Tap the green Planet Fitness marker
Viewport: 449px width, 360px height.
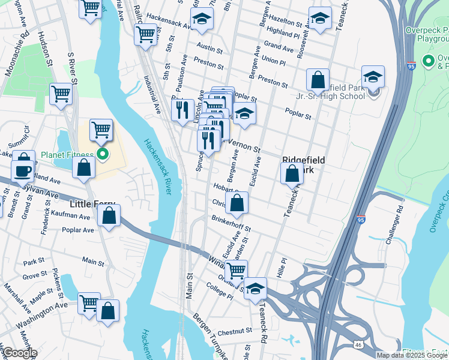click(103, 155)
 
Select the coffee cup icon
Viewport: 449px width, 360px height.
click(23, 170)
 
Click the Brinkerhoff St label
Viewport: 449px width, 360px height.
click(231, 223)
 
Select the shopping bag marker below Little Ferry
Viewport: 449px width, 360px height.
click(109, 216)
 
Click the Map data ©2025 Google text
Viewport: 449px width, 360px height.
click(412, 355)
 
